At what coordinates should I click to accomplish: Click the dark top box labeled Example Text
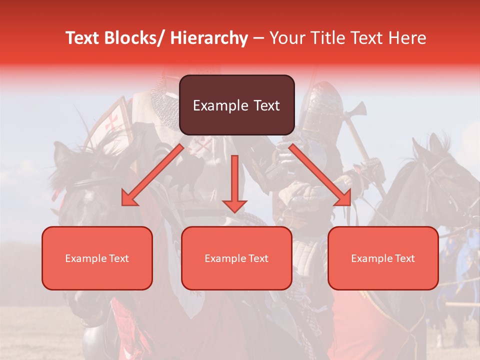point(236,105)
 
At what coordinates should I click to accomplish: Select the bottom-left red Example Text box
point(97,258)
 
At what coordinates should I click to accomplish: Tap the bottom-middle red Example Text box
point(236,258)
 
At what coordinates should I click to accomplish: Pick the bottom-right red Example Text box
point(383,258)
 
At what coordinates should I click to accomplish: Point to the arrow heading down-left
point(152,175)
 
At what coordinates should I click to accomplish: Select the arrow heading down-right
point(320,175)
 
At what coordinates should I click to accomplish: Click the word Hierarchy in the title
point(209,38)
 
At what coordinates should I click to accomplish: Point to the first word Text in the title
point(81,38)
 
